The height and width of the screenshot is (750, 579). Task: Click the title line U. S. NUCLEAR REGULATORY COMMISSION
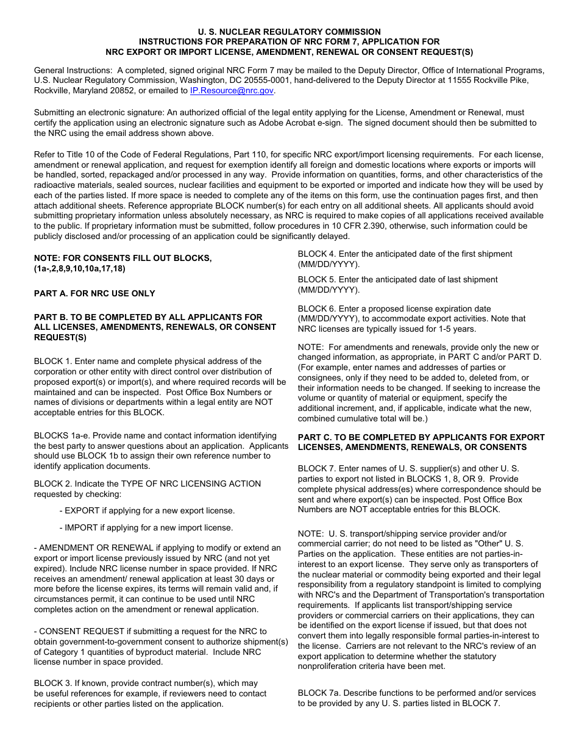coord(289,32)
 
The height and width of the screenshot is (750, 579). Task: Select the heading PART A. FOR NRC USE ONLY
coord(94,293)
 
